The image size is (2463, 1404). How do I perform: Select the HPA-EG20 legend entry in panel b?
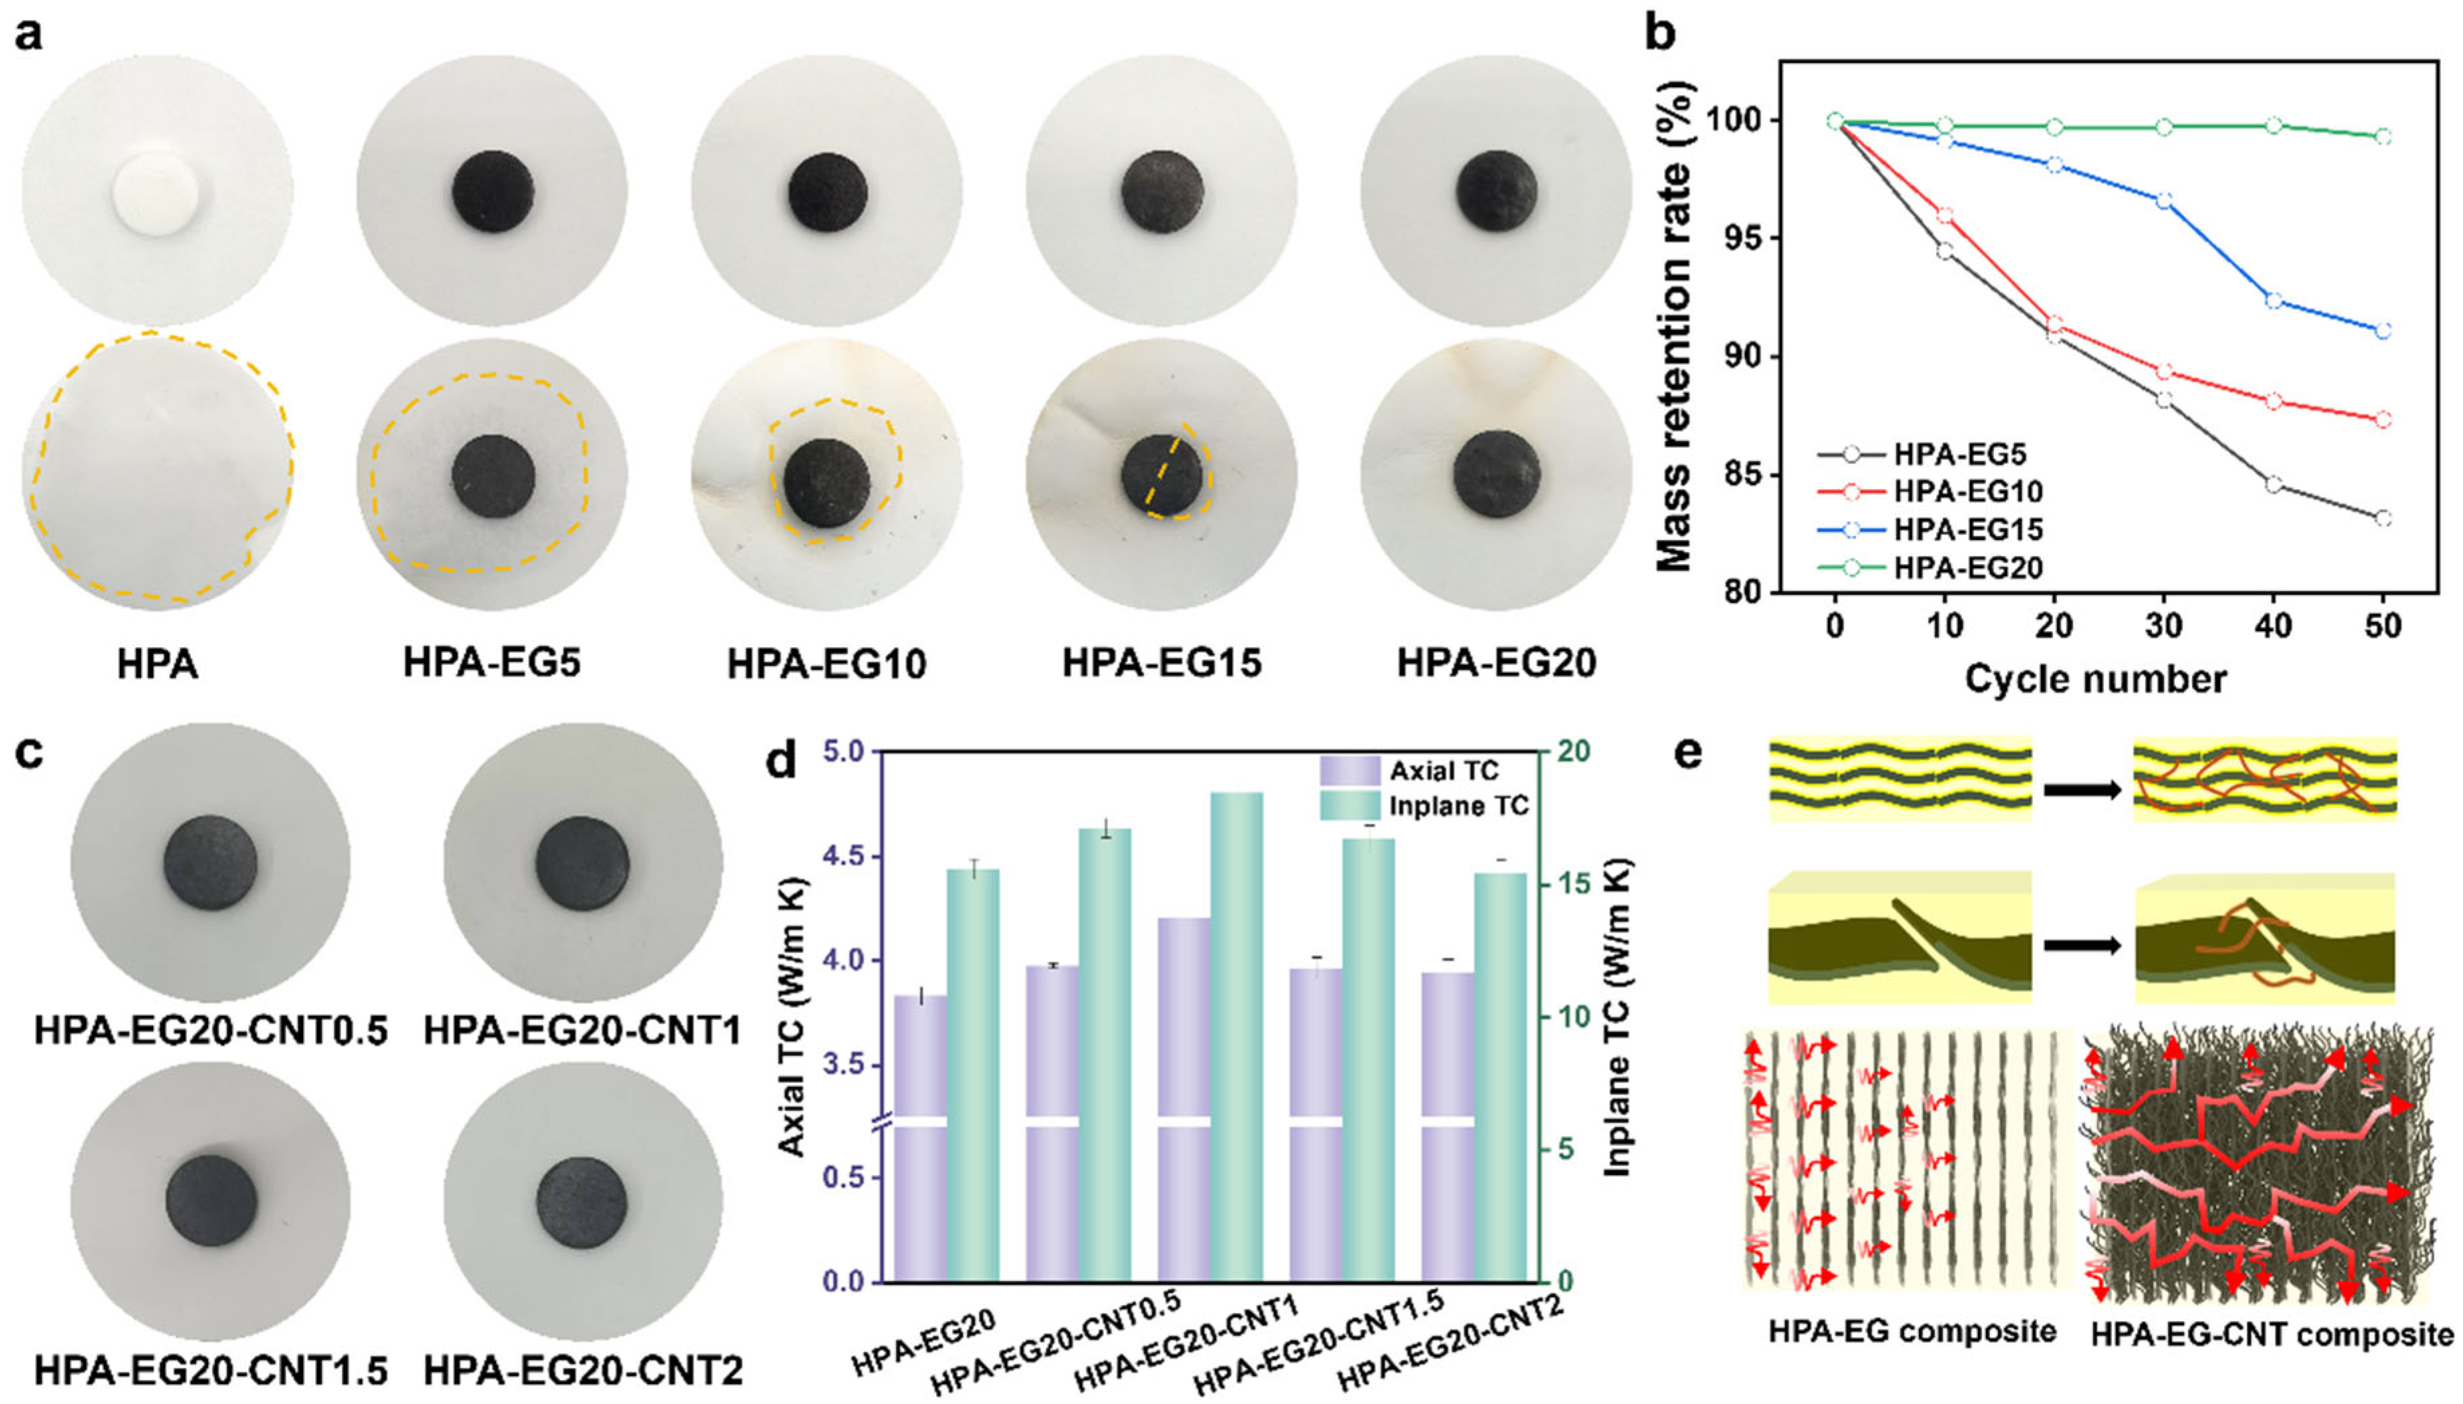[x=1967, y=568]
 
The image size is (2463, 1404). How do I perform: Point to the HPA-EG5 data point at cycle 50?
[x=2383, y=518]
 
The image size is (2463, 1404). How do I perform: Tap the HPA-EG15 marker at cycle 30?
[x=2163, y=201]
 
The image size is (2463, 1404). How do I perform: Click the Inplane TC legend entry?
[x=1457, y=805]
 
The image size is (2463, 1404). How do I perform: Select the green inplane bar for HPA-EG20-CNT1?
[x=1237, y=1037]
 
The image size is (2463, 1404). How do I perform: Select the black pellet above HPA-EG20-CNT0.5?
[x=210, y=862]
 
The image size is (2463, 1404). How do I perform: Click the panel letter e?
[x=1688, y=753]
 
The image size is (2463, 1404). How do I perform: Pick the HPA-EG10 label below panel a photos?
[x=826, y=665]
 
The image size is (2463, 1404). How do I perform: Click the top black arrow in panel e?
[x=2082, y=790]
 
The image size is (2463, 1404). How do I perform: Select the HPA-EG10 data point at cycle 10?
[x=1944, y=216]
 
